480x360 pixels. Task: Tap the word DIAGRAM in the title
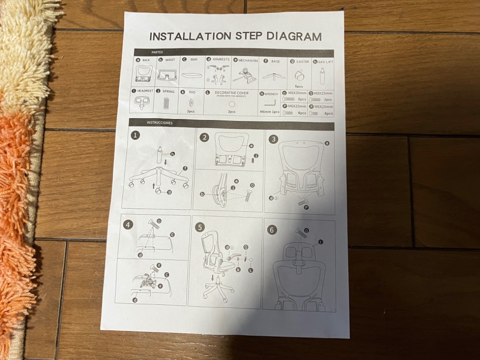294,37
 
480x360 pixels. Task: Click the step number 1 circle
135,135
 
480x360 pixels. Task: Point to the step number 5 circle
201,227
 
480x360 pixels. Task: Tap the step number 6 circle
271,230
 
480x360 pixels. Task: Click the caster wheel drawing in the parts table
299,74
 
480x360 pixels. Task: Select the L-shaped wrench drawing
270,103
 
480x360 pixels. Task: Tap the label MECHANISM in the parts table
248,60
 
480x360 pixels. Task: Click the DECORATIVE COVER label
232,93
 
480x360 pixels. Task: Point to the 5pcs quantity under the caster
299,86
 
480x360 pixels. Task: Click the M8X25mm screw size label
322,93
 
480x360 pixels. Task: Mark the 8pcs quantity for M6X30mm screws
301,99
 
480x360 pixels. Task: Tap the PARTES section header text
157,52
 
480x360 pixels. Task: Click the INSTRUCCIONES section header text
159,123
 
